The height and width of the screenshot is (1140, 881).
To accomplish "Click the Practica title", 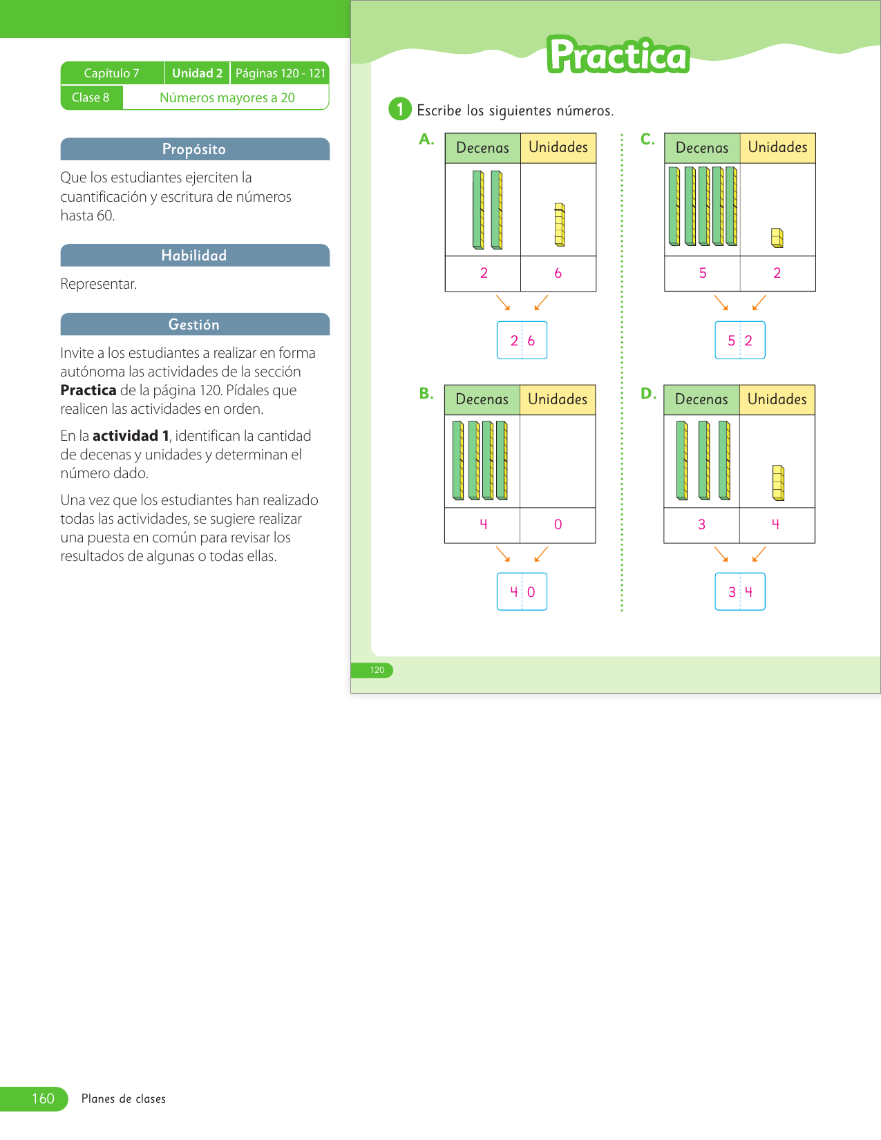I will tap(618, 55).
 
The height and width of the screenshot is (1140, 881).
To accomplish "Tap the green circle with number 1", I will tap(399, 109).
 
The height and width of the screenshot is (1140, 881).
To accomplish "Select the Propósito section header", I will tap(194, 149).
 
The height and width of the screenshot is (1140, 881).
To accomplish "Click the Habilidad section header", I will tap(194, 256).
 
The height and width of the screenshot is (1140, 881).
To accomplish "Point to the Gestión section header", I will tap(194, 325).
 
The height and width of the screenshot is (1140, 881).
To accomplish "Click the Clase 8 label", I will tap(91, 97).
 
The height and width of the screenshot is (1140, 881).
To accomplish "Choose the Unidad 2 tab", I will tap(197, 73).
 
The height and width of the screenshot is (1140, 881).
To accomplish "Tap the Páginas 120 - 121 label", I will tap(280, 73).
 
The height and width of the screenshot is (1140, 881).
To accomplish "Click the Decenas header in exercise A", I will tap(482, 148).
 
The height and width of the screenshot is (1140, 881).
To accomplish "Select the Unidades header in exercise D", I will tap(777, 399).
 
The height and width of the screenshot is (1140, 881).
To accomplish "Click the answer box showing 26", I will tap(522, 340).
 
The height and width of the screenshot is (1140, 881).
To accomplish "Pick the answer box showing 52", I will tap(740, 340).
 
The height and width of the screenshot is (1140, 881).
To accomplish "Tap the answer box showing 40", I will tap(522, 591).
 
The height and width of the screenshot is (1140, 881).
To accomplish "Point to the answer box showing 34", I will tap(740, 591).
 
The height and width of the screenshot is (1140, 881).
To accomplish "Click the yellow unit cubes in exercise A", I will tap(560, 225).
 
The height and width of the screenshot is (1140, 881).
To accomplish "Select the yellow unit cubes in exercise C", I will tap(777, 238).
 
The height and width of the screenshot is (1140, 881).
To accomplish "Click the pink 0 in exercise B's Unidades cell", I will tap(558, 524).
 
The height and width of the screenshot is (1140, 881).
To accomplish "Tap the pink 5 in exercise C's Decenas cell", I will tap(703, 273).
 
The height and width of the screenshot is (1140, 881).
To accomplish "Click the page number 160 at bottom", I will tap(43, 1099).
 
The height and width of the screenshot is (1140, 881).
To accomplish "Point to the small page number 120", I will tap(377, 670).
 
